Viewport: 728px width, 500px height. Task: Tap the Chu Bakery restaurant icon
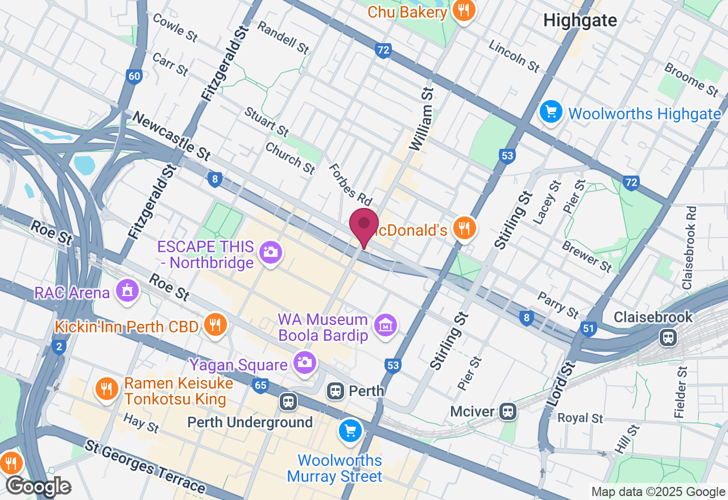coord(464,10)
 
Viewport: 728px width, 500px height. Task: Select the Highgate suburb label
coord(580,20)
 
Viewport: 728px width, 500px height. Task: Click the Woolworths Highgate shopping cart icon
coord(551,111)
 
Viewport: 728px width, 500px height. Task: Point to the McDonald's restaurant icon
coord(465,228)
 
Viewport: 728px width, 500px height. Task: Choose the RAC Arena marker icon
coord(127,291)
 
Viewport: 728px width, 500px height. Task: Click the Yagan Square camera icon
coord(305,362)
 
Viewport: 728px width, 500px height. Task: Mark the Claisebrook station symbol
coord(668,338)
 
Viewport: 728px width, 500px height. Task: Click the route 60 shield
coord(134,77)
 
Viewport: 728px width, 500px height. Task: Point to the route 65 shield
coord(260,386)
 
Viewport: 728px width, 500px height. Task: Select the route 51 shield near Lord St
coord(588,328)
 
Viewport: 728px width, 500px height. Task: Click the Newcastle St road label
coord(171,136)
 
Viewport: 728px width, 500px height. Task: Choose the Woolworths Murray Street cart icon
coord(350,431)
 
